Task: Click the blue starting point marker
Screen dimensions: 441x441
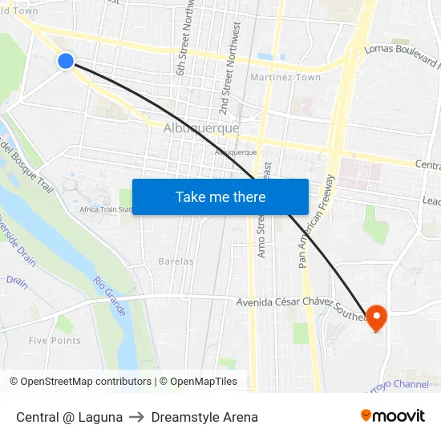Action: [66, 60]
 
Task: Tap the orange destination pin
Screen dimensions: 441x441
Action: [375, 317]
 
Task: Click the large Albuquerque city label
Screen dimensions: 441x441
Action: [201, 128]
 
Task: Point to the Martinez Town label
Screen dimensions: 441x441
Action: [285, 78]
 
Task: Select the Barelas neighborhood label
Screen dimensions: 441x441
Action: [176, 261]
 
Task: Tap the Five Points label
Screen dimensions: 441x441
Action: [55, 340]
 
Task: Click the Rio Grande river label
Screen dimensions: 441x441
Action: [110, 296]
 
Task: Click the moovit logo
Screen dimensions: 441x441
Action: [393, 416]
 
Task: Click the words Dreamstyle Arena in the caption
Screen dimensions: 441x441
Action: [204, 417]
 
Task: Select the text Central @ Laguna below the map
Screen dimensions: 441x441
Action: [70, 417]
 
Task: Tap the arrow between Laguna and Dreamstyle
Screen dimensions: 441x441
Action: [137, 417]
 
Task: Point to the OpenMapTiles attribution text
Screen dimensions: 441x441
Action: [203, 382]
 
